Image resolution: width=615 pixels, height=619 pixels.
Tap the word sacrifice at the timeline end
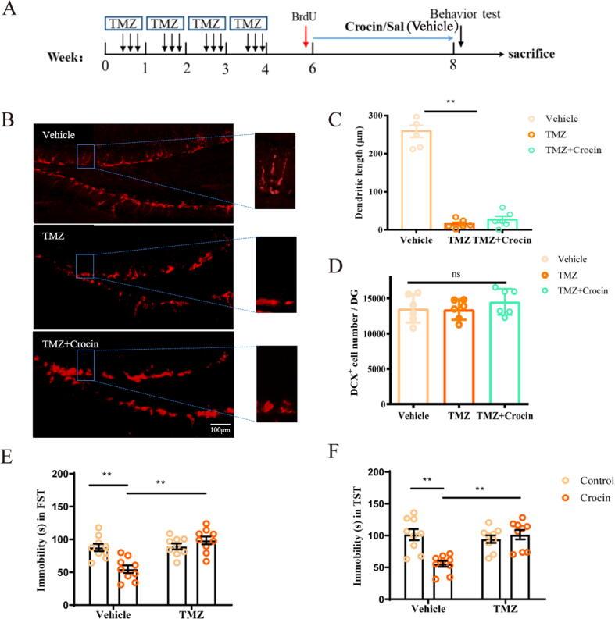coord(531,54)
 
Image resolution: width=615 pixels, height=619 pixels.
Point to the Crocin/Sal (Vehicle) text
coord(384,26)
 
